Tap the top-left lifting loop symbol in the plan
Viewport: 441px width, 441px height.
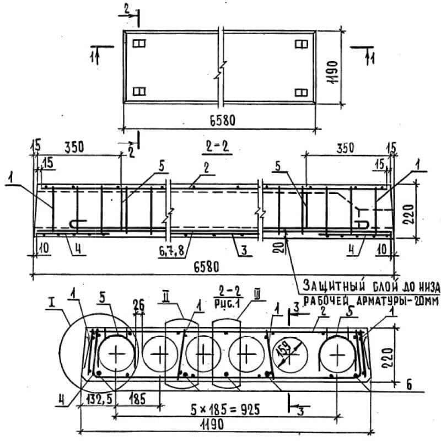coord(138,44)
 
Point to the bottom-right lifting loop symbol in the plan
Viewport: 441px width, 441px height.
coord(300,92)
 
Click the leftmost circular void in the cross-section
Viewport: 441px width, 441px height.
coord(116,353)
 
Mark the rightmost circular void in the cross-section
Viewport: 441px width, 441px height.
coord(336,353)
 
